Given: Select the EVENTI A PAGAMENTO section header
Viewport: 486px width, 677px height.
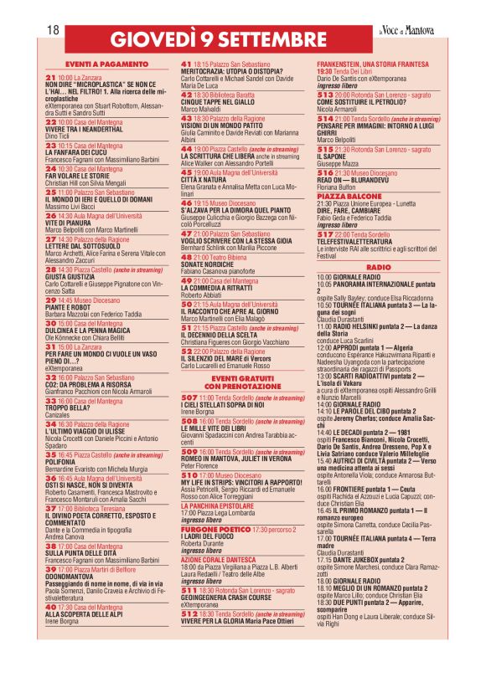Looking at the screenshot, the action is [x=105, y=64].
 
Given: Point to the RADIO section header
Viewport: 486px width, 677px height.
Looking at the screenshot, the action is [x=379, y=265].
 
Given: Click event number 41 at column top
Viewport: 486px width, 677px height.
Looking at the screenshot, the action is [x=186, y=64].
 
